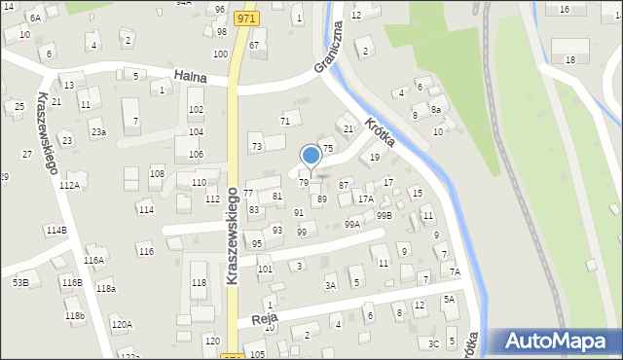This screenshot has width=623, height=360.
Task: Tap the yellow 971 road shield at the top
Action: pos(246,18)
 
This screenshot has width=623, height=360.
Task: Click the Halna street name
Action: pos(192,75)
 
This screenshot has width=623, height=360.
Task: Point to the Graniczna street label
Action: pos(330,50)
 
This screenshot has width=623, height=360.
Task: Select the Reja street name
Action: pos(258,318)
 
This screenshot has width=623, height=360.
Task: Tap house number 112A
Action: pos(69,185)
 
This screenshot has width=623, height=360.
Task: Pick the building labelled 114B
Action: pos(55,230)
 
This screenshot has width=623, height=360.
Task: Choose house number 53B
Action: pos(19,282)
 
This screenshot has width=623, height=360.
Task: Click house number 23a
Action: pos(97,132)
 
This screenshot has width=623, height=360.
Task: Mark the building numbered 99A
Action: pos(351,224)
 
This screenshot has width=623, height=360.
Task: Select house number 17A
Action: pos(365,198)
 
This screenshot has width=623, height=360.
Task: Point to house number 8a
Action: pos(436,109)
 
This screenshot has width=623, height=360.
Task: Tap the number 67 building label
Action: pos(254,46)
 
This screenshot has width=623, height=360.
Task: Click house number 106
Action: pos(196,155)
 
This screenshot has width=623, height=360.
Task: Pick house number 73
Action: pos(257,147)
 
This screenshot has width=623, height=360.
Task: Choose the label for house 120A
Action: pos(122,325)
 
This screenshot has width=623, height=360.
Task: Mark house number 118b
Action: pos(75,316)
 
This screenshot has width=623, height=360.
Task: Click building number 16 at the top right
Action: pos(565,10)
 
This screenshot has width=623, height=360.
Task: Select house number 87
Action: pos(344,185)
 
